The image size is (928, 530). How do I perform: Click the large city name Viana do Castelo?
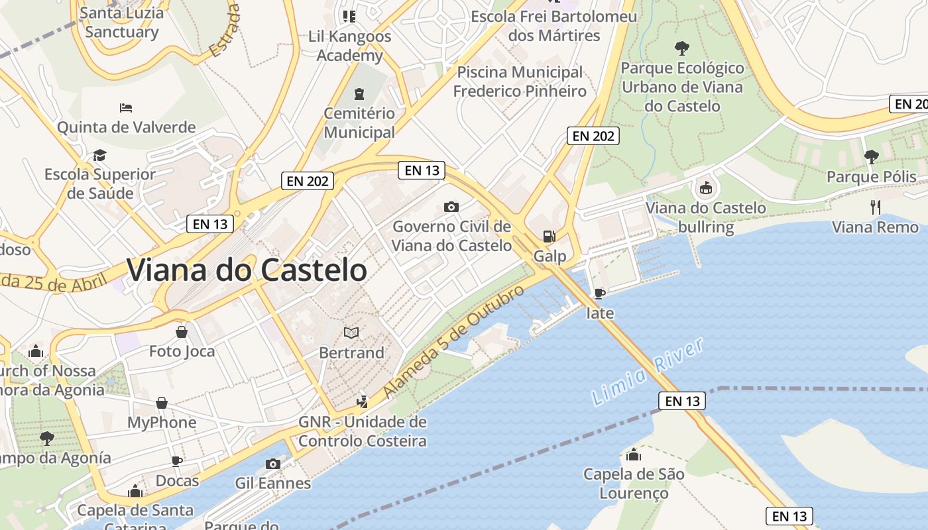pyautogui.click(x=247, y=270)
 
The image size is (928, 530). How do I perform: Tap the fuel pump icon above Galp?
pyautogui.click(x=549, y=237)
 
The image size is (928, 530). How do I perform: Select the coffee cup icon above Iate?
pyautogui.click(x=599, y=293)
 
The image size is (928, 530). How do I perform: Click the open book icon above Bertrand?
pyautogui.click(x=351, y=333)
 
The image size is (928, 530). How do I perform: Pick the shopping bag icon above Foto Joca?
pyautogui.click(x=181, y=331)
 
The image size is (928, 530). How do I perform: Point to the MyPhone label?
pyautogui.click(x=162, y=422)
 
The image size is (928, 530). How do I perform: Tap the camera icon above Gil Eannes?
pyautogui.click(x=272, y=464)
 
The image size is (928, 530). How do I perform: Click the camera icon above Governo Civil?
pyautogui.click(x=451, y=207)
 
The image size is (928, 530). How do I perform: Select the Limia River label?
pyautogui.click(x=647, y=372)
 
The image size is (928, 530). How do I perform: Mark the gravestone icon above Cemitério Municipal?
pyautogui.click(x=359, y=94)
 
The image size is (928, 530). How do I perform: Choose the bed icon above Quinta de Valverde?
pyautogui.click(x=126, y=107)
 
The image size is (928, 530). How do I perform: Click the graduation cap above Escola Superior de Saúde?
pyautogui.click(x=99, y=155)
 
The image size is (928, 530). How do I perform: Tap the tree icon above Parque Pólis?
pyautogui.click(x=871, y=157)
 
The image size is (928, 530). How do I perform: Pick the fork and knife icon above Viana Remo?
pyautogui.click(x=875, y=207)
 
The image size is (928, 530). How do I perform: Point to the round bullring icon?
pyautogui.click(x=705, y=188)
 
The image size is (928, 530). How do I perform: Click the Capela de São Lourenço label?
pyautogui.click(x=634, y=483)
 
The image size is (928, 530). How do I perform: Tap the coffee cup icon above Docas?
pyautogui.click(x=177, y=461)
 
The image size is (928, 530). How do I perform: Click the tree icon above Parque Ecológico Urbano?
pyautogui.click(x=681, y=48)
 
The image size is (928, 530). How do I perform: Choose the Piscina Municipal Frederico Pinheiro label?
pyautogui.click(x=520, y=81)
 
